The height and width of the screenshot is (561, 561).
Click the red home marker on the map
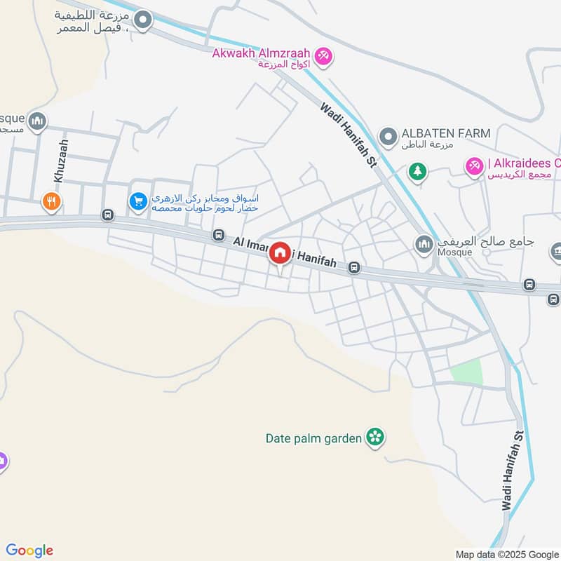[280, 254]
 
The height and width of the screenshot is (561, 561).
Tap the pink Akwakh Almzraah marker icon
[323, 55]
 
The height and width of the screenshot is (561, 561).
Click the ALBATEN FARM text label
[445, 133]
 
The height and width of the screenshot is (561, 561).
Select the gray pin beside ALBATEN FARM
[386, 135]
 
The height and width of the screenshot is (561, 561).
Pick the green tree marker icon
[418, 170]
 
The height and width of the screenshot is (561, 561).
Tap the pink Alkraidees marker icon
[473, 165]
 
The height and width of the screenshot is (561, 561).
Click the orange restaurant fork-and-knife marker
[51, 202]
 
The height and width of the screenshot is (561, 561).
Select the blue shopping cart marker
[138, 202]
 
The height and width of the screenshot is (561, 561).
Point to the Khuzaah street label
[62, 161]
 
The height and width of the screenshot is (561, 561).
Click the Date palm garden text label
[313, 438]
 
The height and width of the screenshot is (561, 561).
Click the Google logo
[29, 550]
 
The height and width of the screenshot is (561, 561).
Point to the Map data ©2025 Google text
[507, 554]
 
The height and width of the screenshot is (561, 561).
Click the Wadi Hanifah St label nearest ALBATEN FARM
[349, 135]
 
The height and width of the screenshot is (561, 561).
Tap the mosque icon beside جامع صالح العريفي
[424, 244]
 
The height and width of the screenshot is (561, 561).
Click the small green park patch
[467, 372]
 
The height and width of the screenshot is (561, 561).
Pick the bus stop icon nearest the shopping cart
[108, 215]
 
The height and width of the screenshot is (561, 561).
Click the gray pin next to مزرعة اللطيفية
[143, 21]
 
